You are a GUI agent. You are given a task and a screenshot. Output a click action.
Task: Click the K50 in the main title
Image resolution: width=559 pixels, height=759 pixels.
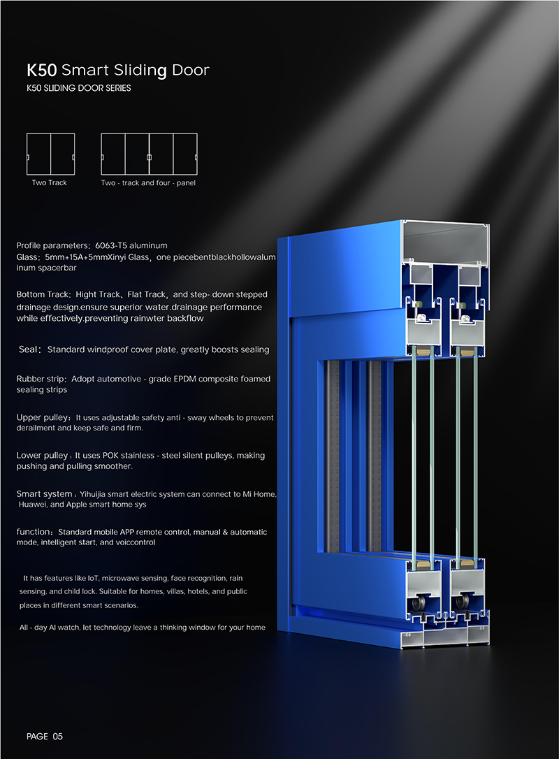pyautogui.click(x=42, y=70)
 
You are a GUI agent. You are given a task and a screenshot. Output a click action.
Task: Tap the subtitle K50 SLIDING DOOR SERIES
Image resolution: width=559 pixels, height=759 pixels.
pyautogui.click(x=79, y=88)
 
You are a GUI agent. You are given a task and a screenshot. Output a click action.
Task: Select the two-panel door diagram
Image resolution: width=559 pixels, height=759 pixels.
pyautogui.click(x=51, y=154)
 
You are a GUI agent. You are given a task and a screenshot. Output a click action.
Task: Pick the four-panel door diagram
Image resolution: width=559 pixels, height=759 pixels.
pyautogui.click(x=149, y=154)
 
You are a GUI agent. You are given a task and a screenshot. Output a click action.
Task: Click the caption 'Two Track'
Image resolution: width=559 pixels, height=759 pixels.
pyautogui.click(x=50, y=182)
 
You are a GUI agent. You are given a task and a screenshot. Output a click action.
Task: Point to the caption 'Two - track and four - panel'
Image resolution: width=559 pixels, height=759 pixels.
pyautogui.click(x=148, y=183)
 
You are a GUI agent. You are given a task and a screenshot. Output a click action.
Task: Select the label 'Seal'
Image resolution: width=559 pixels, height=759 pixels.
pyautogui.click(x=28, y=349)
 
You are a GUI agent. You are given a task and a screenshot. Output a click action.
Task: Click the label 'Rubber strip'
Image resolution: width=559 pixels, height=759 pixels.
pyautogui.click(x=41, y=379)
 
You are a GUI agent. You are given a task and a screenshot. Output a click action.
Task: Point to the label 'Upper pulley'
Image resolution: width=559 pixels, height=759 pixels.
pyautogui.click(x=43, y=418)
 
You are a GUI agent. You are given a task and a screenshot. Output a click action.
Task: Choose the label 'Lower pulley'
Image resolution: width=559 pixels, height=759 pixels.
pyautogui.click(x=42, y=456)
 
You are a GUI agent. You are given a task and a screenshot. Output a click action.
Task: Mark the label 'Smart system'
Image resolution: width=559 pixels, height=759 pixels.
pyautogui.click(x=44, y=493)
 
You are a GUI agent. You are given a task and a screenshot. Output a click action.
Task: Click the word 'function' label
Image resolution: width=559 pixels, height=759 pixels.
pyautogui.click(x=34, y=531)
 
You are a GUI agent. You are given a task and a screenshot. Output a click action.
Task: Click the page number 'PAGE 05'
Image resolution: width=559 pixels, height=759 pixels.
pyautogui.click(x=45, y=736)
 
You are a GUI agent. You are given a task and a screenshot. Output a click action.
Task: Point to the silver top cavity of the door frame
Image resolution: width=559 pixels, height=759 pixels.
pyautogui.click(x=444, y=243)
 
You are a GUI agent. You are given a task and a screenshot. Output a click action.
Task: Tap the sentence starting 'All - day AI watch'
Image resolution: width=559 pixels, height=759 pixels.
pyautogui.click(x=143, y=628)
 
